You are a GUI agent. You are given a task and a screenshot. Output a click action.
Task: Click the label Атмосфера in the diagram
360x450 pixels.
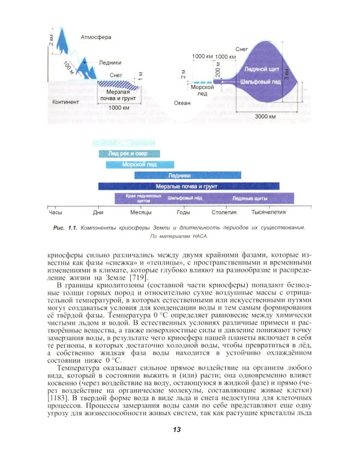pyautogui.click(x=96, y=37)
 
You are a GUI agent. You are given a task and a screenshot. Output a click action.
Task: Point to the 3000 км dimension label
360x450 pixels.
pyautogui.click(x=265, y=116)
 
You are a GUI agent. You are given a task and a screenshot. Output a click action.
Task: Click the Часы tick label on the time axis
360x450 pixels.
pyautogui.click(x=55, y=212)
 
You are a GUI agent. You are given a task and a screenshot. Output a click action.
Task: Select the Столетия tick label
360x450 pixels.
pyautogui.click(x=224, y=212)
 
